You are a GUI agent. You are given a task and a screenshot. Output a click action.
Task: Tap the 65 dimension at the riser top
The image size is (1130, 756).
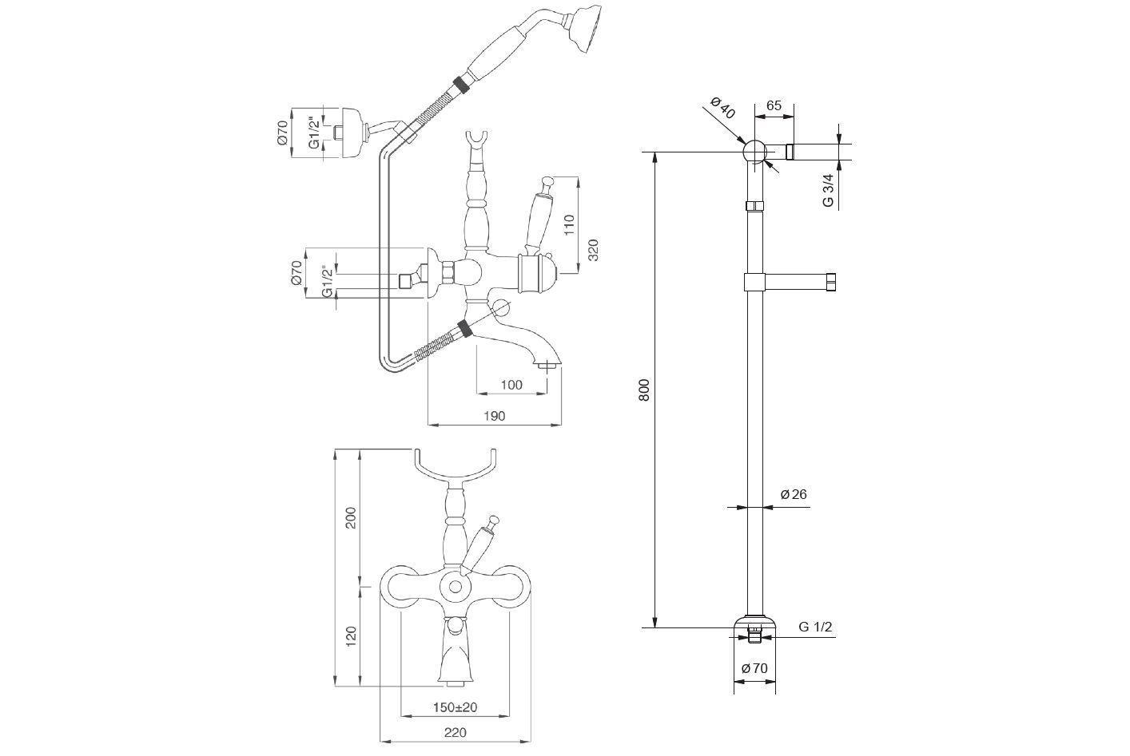(x=774, y=105)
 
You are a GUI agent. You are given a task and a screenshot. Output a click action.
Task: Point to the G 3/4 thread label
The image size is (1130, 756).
(x=829, y=190)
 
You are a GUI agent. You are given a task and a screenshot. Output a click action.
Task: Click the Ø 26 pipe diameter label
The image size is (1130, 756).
(x=794, y=494)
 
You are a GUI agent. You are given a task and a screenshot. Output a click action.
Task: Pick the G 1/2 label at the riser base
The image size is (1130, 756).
(x=815, y=627)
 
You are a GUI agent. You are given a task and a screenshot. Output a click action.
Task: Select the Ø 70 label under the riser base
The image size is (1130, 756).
(x=754, y=668)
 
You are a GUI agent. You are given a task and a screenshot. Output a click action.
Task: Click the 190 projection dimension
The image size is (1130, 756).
(x=494, y=415)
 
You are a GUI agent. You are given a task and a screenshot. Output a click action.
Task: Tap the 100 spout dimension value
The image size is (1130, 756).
(x=511, y=385)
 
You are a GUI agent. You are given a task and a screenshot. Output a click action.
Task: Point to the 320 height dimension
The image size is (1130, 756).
(x=593, y=251)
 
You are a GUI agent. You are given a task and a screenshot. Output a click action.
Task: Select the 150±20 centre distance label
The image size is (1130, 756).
(x=455, y=707)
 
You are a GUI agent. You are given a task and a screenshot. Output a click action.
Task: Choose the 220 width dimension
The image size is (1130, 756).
(x=455, y=732)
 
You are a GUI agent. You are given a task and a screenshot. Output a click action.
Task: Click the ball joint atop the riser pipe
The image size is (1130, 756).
(x=754, y=151)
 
